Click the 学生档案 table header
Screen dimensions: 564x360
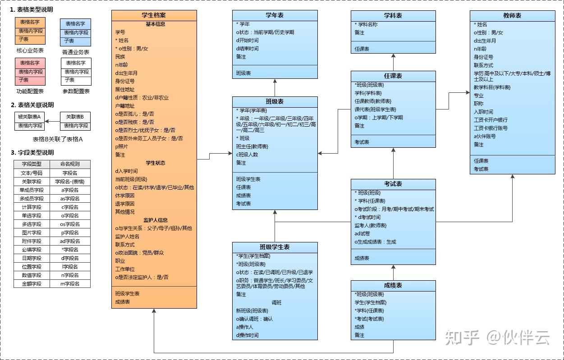tap(154, 15)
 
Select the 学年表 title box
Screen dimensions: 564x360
tap(275, 15)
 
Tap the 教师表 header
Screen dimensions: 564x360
tap(512, 16)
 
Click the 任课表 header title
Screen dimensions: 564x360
tap(393, 76)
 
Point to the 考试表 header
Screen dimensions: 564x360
tap(393, 184)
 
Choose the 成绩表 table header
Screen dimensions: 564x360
tap(393, 286)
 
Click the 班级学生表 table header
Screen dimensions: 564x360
tap(275, 247)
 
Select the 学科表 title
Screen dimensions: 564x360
tap(393, 16)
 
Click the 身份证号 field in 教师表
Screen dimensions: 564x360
tap(483, 57)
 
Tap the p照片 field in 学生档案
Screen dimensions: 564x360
tap(122, 146)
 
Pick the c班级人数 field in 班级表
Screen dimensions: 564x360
tap(247, 155)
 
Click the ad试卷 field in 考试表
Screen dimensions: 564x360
tap(362, 233)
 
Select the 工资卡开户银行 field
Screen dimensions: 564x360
tap(491, 120)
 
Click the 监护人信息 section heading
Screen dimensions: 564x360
tap(156, 220)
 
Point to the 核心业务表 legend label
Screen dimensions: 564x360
tap(30, 51)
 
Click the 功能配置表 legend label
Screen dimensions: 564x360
tap(30, 91)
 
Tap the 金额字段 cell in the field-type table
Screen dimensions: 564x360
tap(32, 284)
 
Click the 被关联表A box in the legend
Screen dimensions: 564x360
tap(29, 117)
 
